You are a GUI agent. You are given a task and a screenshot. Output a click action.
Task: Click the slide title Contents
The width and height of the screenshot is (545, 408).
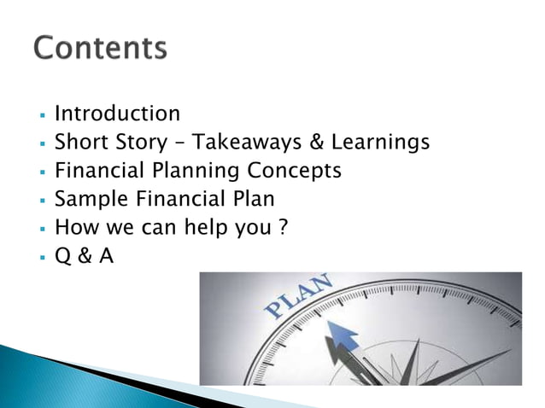[100, 49]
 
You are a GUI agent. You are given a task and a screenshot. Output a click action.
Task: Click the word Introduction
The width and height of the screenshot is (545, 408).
[117, 114]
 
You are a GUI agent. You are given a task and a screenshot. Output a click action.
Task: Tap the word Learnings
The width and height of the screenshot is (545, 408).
[381, 142]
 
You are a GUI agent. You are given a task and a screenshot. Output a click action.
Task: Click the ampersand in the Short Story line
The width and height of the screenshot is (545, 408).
[322, 142]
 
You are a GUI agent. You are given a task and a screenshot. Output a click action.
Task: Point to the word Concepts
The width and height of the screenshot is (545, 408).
[296, 170]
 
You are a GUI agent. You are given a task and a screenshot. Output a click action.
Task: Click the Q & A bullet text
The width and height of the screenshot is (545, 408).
[84, 254]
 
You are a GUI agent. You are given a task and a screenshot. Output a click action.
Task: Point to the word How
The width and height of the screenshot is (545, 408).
[73, 227]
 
